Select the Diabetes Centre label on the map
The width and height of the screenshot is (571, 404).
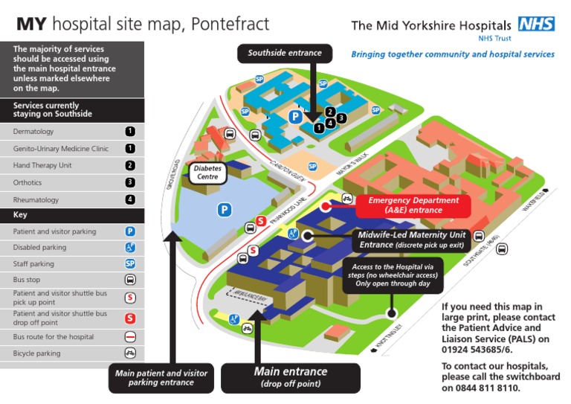(x=208, y=173)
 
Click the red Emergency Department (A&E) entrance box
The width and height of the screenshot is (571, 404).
(x=413, y=205)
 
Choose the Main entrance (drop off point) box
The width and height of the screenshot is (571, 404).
(x=291, y=376)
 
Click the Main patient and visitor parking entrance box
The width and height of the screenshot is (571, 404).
(x=161, y=377)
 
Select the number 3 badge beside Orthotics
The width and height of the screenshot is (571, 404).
(x=130, y=182)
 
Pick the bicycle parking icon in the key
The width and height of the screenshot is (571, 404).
(x=130, y=353)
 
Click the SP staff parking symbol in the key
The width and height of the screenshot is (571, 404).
(x=130, y=263)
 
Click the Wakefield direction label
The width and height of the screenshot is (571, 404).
(x=533, y=202)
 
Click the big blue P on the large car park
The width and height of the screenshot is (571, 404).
(x=224, y=211)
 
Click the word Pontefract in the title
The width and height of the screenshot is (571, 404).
(x=230, y=24)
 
